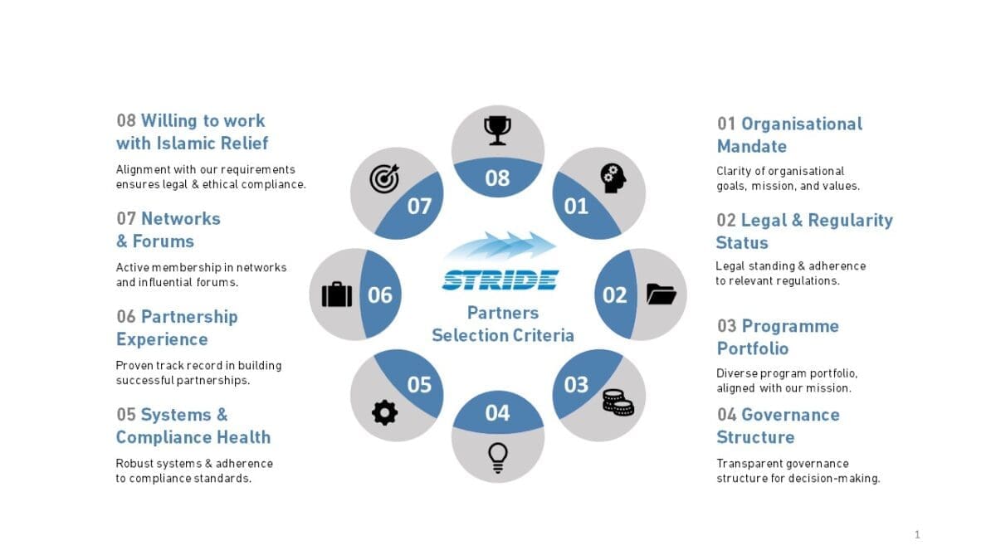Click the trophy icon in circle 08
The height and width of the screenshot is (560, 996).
coord(497,131)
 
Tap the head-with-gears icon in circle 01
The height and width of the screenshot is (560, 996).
coord(613,178)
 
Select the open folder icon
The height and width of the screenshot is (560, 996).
coord(662,295)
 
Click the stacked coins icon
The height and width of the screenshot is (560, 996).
coord(618,402)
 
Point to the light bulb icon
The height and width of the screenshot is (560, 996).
coord(497,458)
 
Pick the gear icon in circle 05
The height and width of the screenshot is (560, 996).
coord(384,413)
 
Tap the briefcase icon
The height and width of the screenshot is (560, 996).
coord(337,295)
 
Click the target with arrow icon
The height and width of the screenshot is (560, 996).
coord(384,178)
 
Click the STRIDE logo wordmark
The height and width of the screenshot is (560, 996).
coord(500,280)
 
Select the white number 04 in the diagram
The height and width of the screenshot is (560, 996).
coord(497,413)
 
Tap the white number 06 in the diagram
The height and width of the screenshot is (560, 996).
coord(380,295)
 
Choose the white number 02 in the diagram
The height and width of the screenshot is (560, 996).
coord(614,295)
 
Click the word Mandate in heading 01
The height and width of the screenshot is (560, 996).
coord(752,146)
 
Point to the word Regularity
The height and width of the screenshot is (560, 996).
coord(850,221)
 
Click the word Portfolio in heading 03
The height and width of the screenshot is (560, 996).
coord(753,348)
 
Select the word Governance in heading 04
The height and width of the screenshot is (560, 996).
coord(790,415)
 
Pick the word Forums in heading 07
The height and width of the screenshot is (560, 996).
coord(164,241)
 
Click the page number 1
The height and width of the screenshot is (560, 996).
coord(917,534)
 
